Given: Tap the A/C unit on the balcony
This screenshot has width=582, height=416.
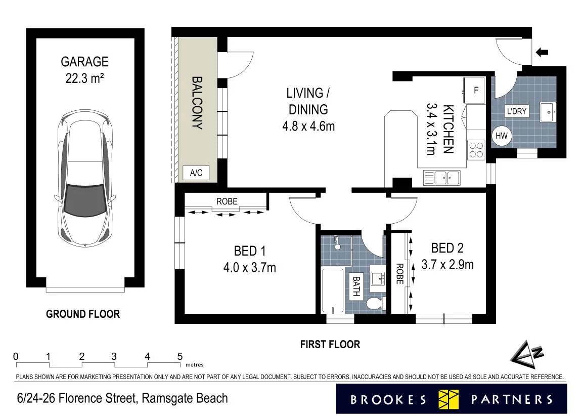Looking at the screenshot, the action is (196, 173).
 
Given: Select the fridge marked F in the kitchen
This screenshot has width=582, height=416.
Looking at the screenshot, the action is (474, 90).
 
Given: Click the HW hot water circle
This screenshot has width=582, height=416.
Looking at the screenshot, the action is (502, 136).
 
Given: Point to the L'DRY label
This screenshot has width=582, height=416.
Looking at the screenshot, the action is (517, 111).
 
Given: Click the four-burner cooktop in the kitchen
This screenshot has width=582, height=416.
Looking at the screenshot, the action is (476, 150).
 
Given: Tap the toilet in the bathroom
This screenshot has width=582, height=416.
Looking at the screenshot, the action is (376, 304).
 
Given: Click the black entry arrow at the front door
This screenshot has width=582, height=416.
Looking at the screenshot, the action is (542, 52).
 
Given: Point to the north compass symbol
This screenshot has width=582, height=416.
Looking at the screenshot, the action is (527, 355).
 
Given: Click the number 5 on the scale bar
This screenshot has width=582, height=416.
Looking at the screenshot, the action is (180, 357).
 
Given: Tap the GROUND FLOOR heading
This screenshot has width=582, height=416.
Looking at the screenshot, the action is (83, 314).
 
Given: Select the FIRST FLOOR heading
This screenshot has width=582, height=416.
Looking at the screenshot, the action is (330, 345).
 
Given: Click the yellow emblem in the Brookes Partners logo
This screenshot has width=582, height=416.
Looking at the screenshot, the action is (449, 399).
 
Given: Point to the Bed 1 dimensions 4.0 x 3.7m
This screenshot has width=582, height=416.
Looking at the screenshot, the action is (249, 267).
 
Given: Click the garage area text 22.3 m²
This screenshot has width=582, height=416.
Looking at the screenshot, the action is (84, 78).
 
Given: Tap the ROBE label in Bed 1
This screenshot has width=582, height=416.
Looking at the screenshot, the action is (227, 201).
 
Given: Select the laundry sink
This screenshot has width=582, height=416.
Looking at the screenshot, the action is (548, 112).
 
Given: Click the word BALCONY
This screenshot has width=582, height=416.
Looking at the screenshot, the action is (197, 103).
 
